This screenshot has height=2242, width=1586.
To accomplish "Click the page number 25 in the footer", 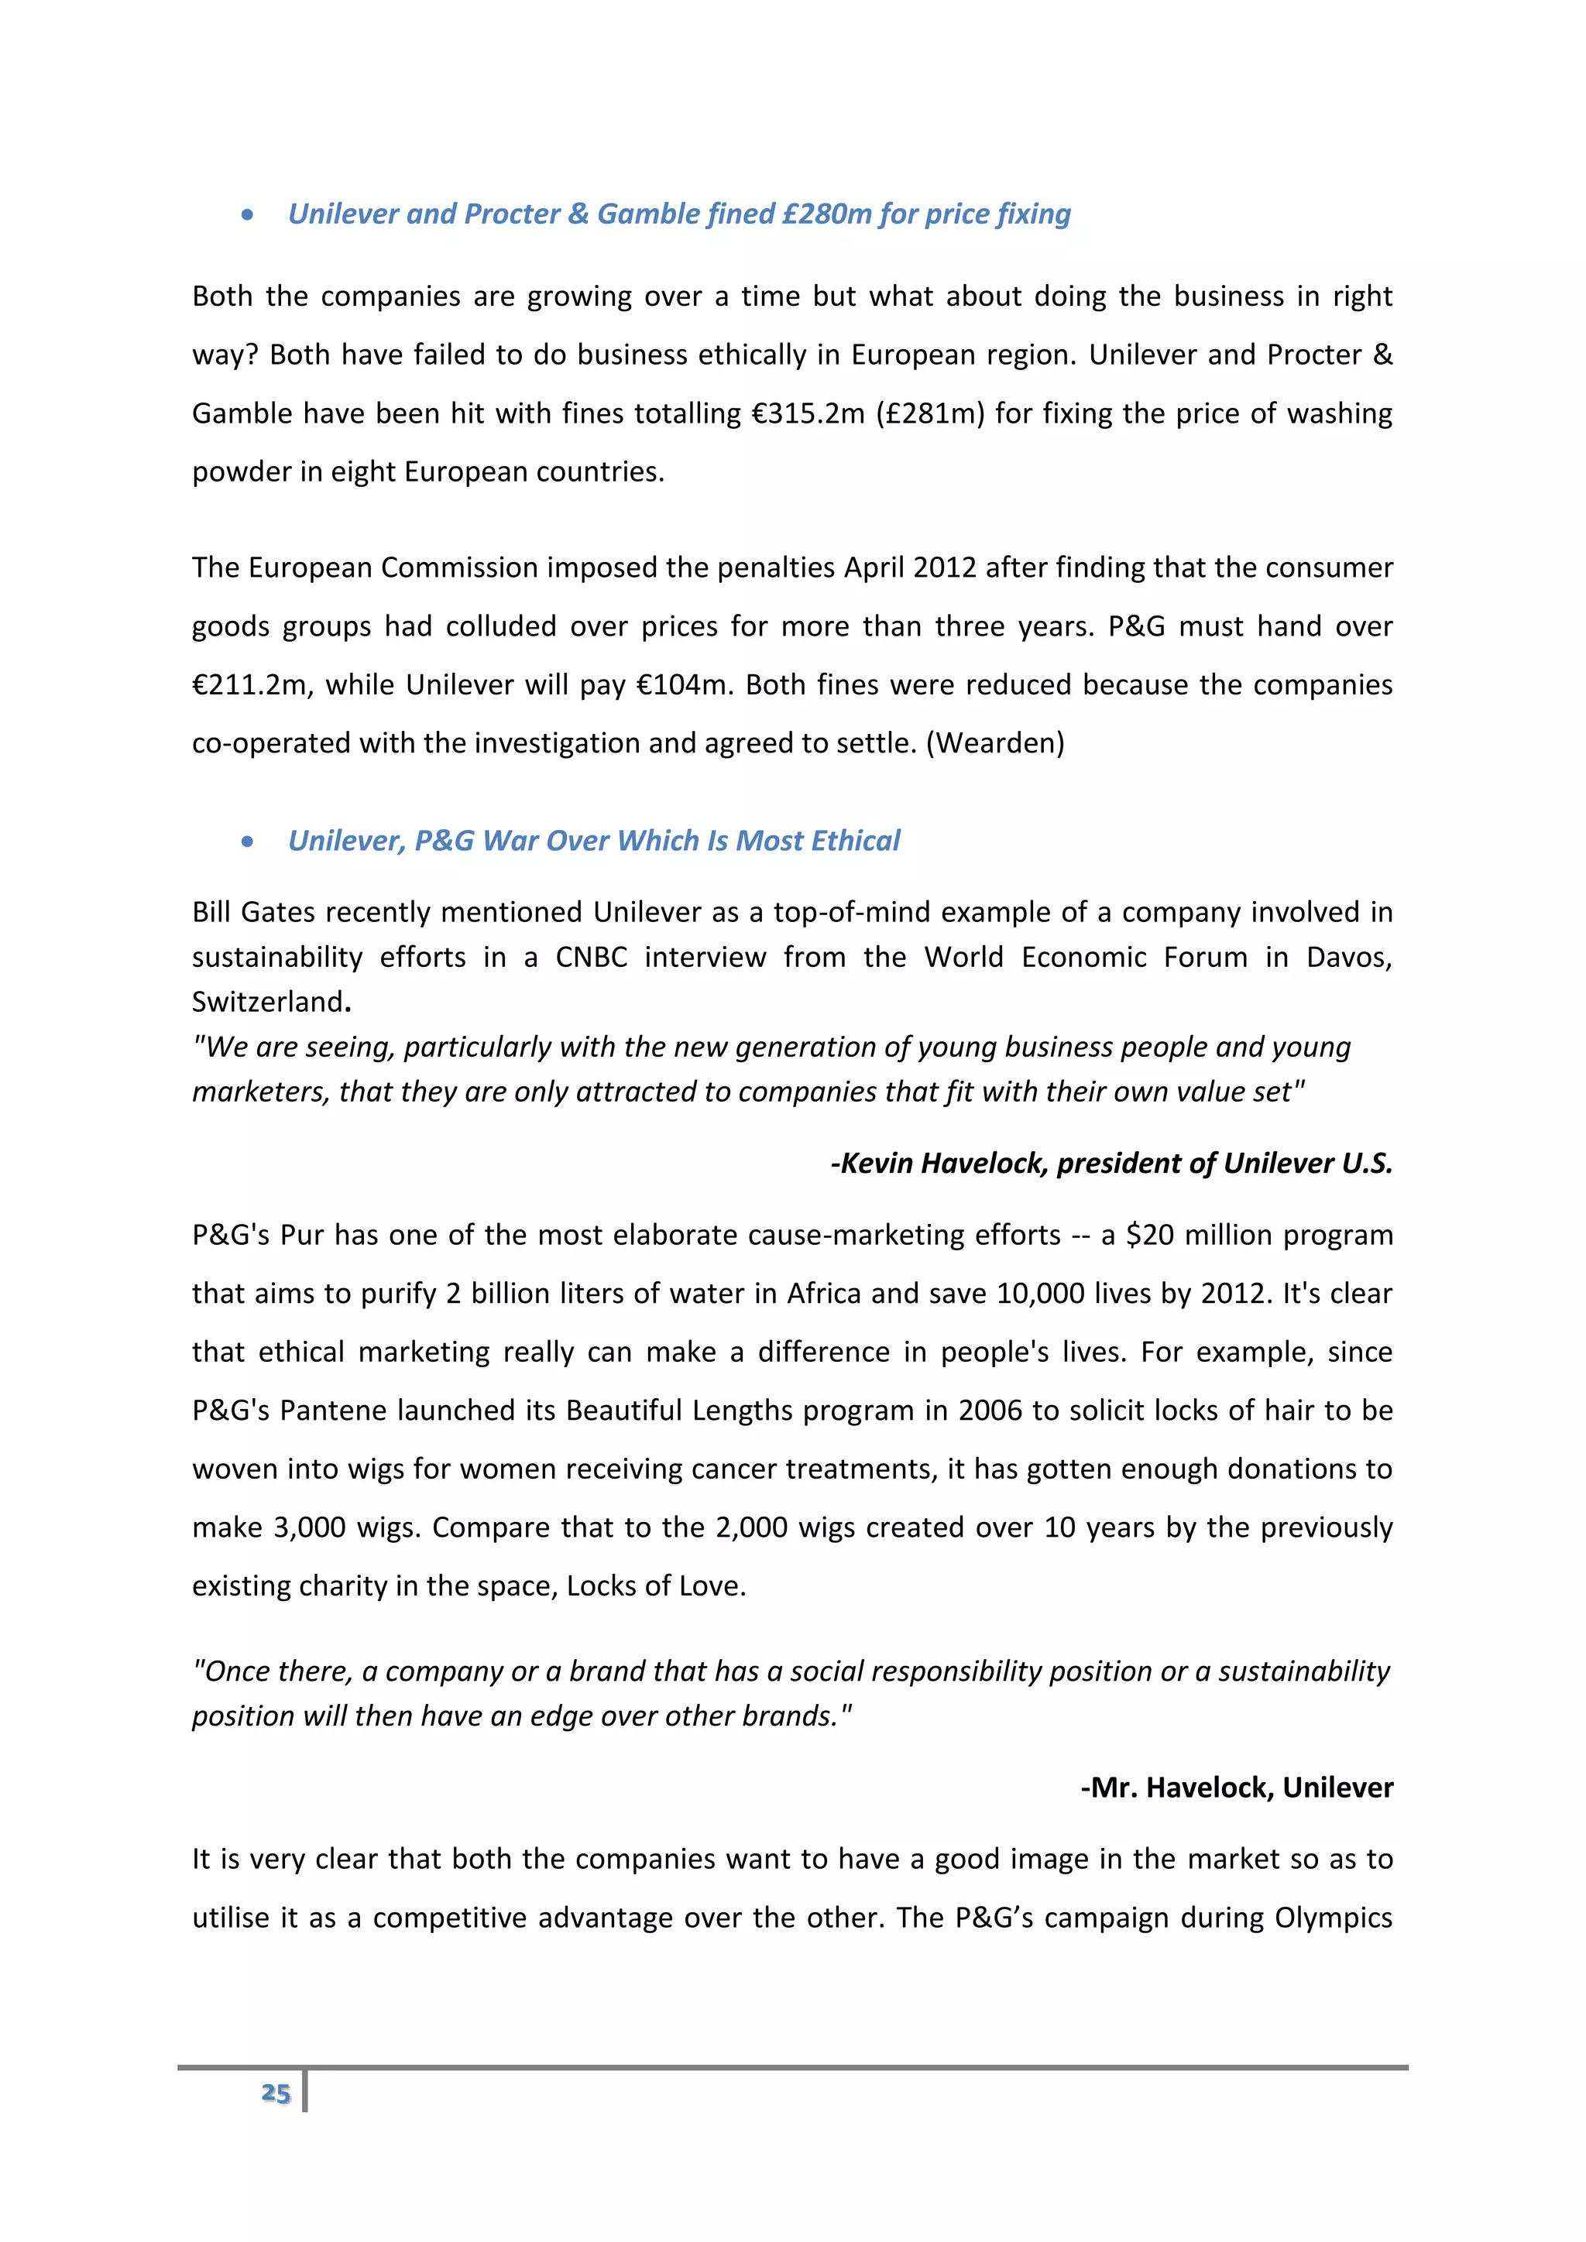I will (x=276, y=2093).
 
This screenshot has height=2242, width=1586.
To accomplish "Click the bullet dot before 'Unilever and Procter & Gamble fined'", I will (x=247, y=214).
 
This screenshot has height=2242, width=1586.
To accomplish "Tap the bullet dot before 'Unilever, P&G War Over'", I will (x=247, y=842).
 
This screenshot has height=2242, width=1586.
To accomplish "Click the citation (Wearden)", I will (x=994, y=743).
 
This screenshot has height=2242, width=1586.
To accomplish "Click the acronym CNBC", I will (x=591, y=957).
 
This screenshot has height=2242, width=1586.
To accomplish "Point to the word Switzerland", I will (x=266, y=1002).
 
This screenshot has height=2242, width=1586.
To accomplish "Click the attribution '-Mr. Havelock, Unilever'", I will (x=1237, y=1788).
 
